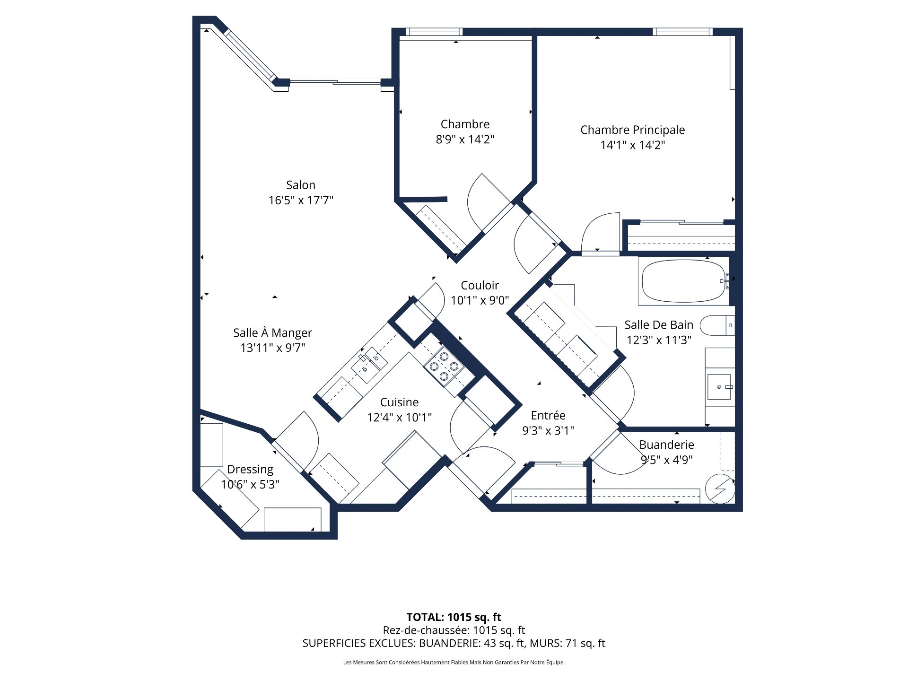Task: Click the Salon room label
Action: click(300, 185)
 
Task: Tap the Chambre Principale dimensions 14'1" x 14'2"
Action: click(632, 145)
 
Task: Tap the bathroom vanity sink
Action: click(719, 387)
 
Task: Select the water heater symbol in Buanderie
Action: click(720, 489)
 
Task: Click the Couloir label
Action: click(480, 285)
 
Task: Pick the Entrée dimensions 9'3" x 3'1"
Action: click(548, 431)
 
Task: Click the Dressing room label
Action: click(250, 469)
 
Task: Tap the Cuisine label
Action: click(399, 402)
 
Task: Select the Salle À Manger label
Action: click(272, 332)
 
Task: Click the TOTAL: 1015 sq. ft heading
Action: click(454, 617)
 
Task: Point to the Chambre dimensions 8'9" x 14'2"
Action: click(464, 140)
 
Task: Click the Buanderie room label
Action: click(666, 445)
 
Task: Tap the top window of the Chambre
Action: click(434, 32)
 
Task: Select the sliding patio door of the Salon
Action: click(335, 83)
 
